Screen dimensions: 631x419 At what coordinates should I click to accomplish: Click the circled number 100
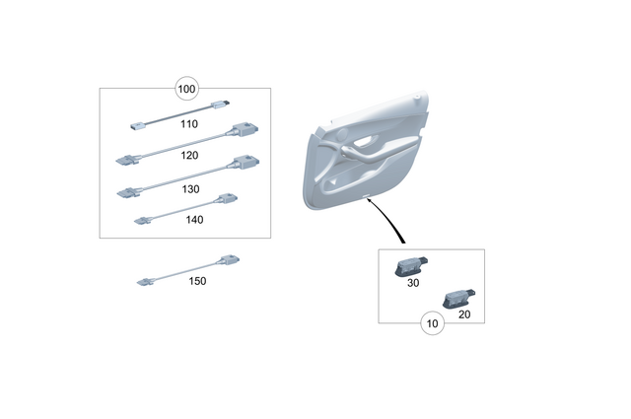186,90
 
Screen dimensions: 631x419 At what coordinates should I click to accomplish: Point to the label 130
191,187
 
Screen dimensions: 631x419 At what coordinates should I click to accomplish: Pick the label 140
194,220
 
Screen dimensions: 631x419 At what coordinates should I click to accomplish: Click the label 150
197,281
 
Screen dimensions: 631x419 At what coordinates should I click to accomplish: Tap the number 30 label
413,283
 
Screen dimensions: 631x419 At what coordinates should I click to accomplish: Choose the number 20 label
464,314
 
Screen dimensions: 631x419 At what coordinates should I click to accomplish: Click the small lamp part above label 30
408,264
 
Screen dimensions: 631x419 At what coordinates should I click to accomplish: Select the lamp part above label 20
458,296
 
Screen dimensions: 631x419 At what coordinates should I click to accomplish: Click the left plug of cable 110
137,124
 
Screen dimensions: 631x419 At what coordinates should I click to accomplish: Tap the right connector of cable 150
227,259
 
